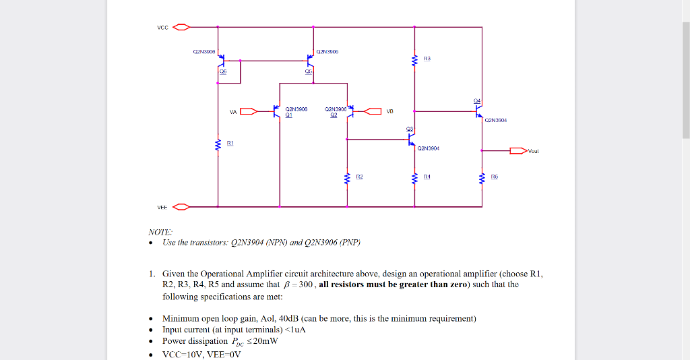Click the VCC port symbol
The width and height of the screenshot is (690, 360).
point(181,28)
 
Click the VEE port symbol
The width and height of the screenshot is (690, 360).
point(181,206)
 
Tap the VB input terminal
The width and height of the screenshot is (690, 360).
point(373,112)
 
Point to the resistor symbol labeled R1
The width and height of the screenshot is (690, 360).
point(218,145)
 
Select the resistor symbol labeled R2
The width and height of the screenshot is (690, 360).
point(347,179)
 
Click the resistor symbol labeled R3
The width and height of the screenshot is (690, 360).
point(414,61)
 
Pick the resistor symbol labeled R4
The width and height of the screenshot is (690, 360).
point(414,179)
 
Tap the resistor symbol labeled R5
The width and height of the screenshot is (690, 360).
point(482,179)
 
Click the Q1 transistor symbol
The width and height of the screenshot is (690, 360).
point(277,112)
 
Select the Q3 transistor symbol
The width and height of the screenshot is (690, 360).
point(410,140)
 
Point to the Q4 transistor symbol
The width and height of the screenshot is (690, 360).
point(478,112)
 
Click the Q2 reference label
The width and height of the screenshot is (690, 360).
point(333,115)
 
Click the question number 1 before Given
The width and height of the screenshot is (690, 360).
point(152,274)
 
